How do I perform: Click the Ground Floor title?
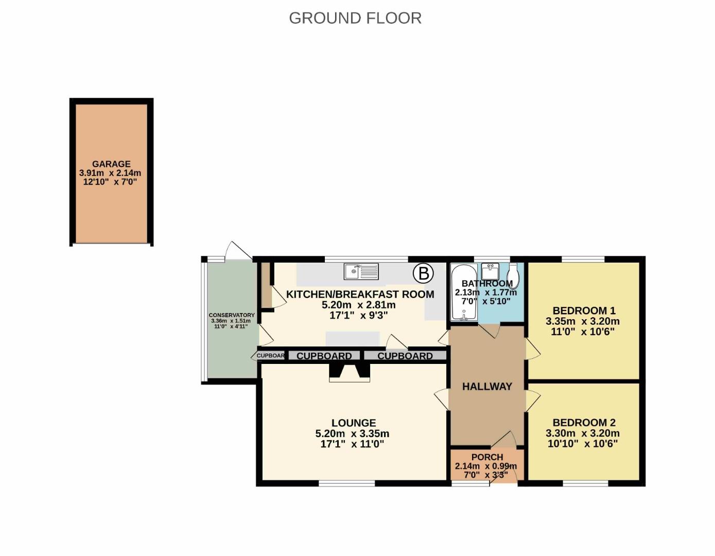(355, 18)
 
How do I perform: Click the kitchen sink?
(361, 271)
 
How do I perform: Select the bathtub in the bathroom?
(464, 292)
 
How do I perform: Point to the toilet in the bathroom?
(513, 275)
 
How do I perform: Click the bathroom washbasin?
(490, 271)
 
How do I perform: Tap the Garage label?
(111, 164)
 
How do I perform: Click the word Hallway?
(487, 387)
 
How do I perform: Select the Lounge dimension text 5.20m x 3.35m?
(352, 433)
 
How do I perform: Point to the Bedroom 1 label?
(584, 310)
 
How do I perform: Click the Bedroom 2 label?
(584, 423)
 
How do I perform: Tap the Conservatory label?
(232, 315)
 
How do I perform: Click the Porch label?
(487, 457)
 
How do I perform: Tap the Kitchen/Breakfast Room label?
(360, 294)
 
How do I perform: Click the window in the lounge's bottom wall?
(347, 483)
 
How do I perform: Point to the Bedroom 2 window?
(585, 483)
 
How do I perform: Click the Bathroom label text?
(487, 283)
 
